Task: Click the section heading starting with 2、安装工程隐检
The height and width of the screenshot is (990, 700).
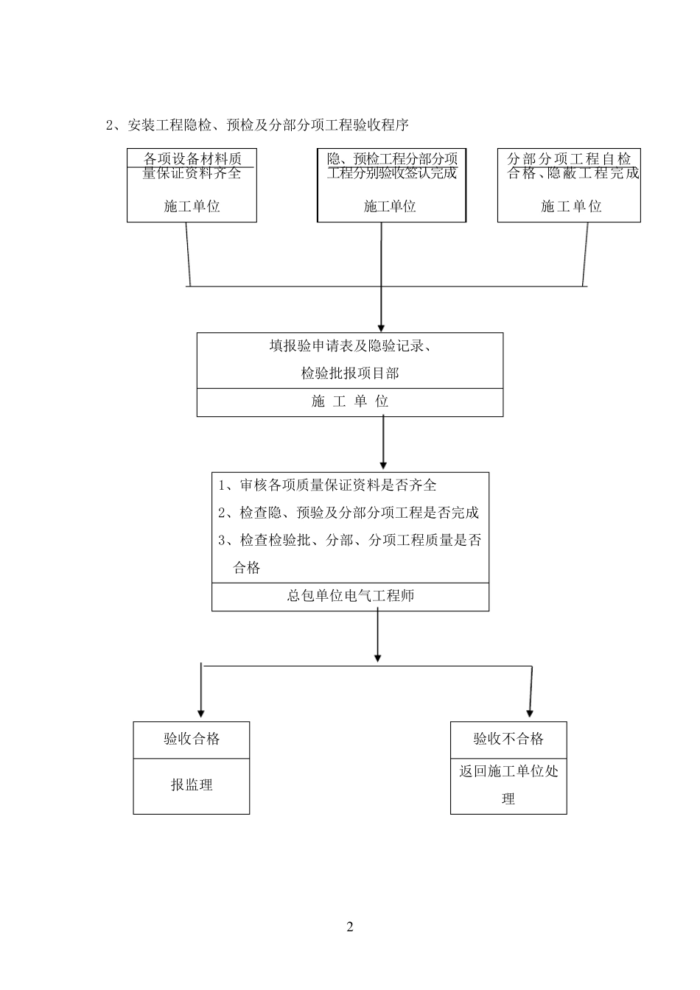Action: pyautogui.click(x=257, y=125)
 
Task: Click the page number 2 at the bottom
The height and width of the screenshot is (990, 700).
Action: pyautogui.click(x=350, y=927)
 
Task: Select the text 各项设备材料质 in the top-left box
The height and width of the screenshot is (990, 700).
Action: pyautogui.click(x=192, y=159)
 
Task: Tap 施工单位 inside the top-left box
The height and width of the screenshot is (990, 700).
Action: pyautogui.click(x=192, y=206)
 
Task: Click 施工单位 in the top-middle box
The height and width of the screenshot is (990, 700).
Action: pyautogui.click(x=390, y=206)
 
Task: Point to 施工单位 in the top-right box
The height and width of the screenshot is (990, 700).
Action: pyautogui.click(x=571, y=206)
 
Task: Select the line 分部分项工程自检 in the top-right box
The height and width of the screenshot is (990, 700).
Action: pyautogui.click(x=569, y=159)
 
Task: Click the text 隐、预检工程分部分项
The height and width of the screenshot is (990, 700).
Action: pyautogui.click(x=391, y=159)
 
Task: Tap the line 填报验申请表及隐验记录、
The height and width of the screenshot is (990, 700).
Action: pyautogui.click(x=350, y=346)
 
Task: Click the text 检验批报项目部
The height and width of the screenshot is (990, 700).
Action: pyautogui.click(x=350, y=373)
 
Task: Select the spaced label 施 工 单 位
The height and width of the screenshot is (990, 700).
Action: pyautogui.click(x=350, y=401)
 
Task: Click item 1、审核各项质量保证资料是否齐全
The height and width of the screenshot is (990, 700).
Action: pyautogui.click(x=328, y=485)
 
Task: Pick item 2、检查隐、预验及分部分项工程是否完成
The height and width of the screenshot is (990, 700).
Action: pyautogui.click(x=349, y=513)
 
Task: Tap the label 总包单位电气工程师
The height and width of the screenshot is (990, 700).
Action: pyautogui.click(x=350, y=596)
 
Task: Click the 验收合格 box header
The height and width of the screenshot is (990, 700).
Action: pyautogui.click(x=192, y=739)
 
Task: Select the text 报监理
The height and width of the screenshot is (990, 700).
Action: pyautogui.click(x=192, y=785)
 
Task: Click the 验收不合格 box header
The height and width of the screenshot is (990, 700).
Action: pyautogui.click(x=508, y=739)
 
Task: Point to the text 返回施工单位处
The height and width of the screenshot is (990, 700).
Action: pyautogui.click(x=508, y=771)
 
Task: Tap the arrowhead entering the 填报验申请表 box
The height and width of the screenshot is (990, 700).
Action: pyautogui.click(x=381, y=326)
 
